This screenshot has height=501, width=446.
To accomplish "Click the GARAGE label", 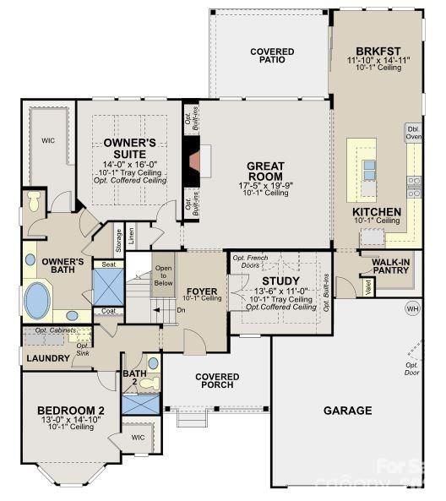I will click(x=347, y=411).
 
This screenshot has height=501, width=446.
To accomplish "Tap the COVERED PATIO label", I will click(x=272, y=57).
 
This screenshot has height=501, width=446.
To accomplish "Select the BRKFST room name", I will click(x=378, y=51).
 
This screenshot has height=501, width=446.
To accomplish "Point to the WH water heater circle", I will click(x=412, y=308).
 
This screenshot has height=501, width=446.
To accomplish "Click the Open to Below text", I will click(x=163, y=275).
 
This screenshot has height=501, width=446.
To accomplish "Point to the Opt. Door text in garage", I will click(x=411, y=368).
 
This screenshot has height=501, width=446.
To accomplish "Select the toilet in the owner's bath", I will click(x=33, y=202).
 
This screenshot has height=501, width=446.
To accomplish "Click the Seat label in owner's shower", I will click(x=108, y=264).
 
